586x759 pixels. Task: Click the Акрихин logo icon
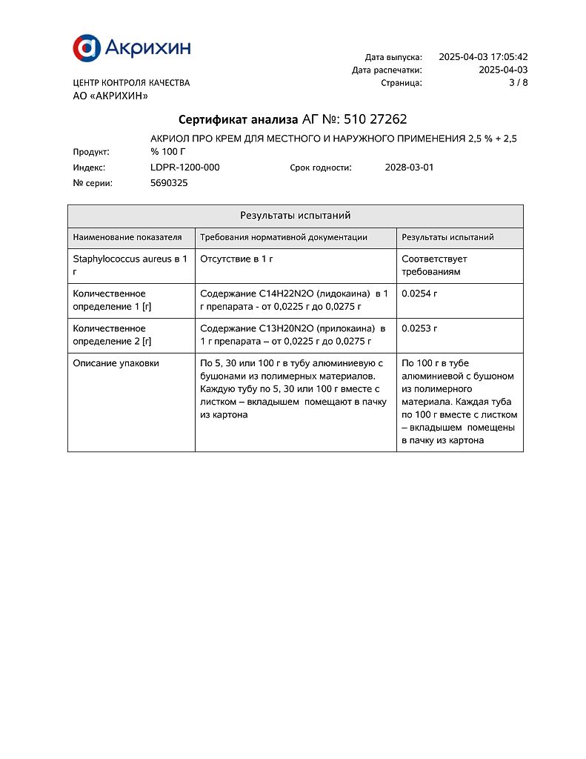(x=85, y=48)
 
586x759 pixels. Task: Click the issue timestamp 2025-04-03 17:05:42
(x=483, y=57)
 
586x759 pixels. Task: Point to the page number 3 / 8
(x=518, y=83)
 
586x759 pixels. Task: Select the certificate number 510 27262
(x=376, y=119)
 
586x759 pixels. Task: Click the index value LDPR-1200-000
(x=184, y=168)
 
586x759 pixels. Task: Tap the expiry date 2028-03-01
(x=409, y=168)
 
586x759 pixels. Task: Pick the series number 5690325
(x=169, y=183)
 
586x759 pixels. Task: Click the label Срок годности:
(x=320, y=168)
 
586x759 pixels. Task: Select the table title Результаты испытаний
(x=295, y=216)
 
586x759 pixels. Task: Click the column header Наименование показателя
(x=127, y=237)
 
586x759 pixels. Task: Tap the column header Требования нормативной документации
(x=284, y=237)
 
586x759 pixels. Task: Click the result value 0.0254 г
(x=419, y=294)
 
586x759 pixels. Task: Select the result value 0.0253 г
(x=419, y=328)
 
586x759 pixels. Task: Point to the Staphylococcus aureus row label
(x=130, y=265)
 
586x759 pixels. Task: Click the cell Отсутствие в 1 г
(x=237, y=259)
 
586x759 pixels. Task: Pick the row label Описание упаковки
(x=116, y=363)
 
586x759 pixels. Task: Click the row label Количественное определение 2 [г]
(x=112, y=335)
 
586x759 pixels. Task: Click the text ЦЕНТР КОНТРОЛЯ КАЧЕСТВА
(x=131, y=83)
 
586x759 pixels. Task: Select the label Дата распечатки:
(x=387, y=70)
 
